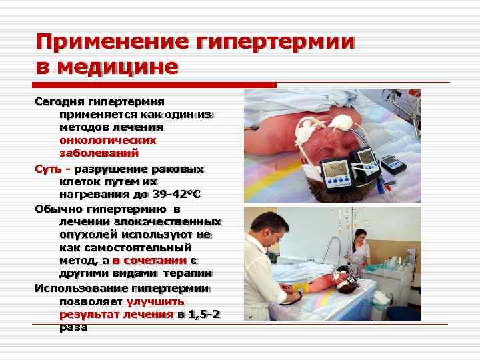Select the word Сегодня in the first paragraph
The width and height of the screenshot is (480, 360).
click(59, 102)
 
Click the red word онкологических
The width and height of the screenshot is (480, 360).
click(107, 140)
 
